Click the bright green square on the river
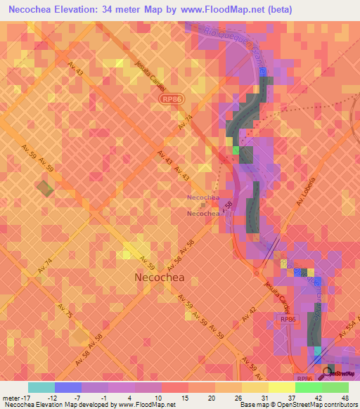(236, 149)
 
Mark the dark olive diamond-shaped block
(45, 189)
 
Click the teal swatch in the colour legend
(41, 387)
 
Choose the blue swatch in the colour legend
(67, 387)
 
